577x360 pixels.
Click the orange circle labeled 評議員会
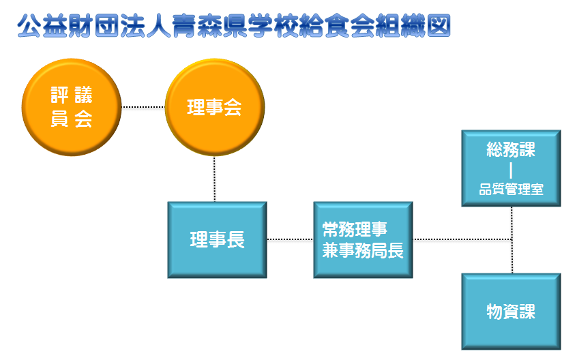click(72, 107)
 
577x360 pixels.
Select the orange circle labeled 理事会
click(215, 107)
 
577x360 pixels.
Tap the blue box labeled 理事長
click(217, 240)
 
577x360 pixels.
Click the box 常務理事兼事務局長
click(364, 240)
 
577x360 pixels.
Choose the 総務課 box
click(511, 168)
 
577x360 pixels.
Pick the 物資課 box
click(511, 312)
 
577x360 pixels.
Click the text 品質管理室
click(511, 190)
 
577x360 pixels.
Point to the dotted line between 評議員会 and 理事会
click(143, 107)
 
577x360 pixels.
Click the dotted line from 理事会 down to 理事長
click(215, 179)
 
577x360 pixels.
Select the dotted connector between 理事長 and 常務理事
click(291, 239)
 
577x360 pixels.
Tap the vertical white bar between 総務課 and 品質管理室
click(511, 170)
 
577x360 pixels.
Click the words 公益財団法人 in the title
click(94, 26)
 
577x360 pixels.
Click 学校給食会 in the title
click(311, 26)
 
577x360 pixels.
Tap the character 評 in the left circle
click(59, 95)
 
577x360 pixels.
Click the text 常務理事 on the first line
click(355, 230)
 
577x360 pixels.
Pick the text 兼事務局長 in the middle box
click(364, 250)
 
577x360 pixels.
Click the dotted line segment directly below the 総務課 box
click(512, 223)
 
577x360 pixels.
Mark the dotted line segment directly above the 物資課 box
click(512, 256)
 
